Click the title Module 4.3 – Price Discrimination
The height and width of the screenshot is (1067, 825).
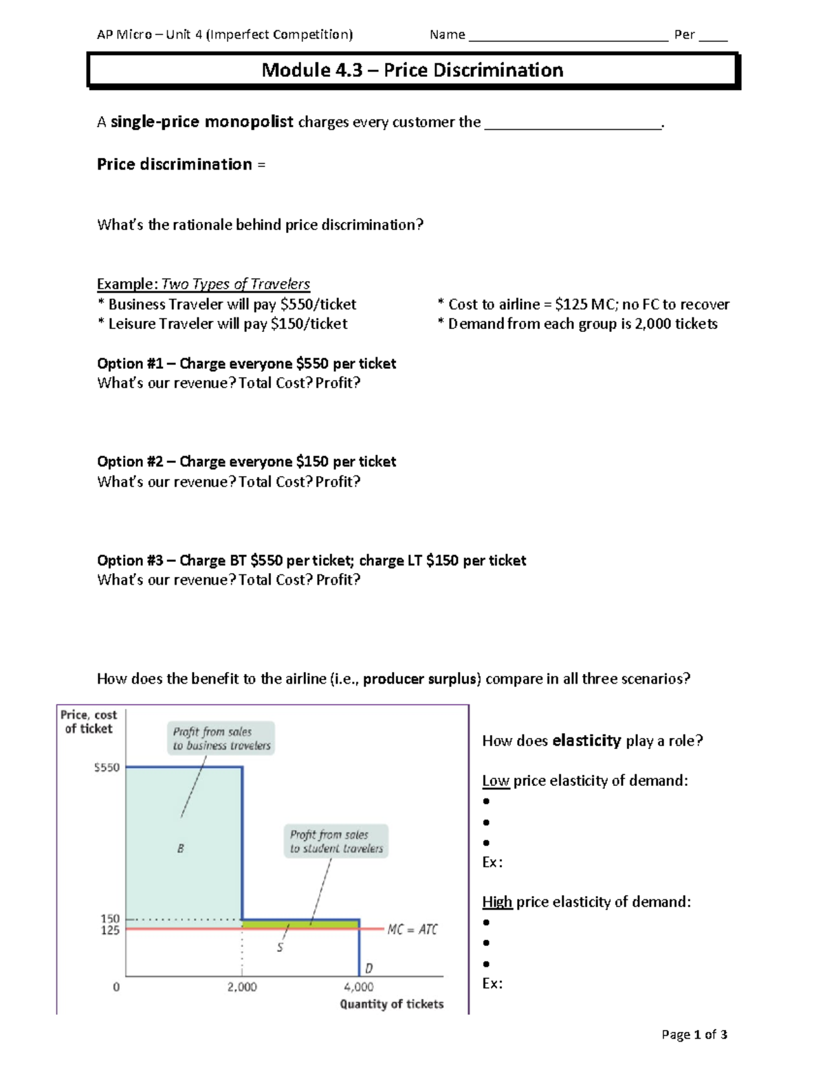point(412,70)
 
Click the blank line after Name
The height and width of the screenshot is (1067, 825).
point(568,36)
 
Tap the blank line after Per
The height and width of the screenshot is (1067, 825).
point(713,36)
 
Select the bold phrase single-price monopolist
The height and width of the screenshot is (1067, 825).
point(202,122)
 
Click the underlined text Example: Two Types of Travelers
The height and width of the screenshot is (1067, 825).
point(203,284)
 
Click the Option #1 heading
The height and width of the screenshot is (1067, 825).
point(246,363)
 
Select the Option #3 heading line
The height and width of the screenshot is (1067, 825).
point(311,561)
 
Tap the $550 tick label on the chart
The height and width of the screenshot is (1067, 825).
point(107,767)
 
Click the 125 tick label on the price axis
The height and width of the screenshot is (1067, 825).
point(110,930)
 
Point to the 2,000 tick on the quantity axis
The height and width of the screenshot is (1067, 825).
point(242,987)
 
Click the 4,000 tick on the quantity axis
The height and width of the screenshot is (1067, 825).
point(358,987)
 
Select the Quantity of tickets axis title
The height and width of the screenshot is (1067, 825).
point(391,1004)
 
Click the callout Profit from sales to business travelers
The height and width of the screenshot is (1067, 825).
point(221,739)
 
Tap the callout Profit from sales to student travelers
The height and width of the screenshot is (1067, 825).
point(336,842)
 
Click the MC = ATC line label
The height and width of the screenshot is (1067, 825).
point(412,930)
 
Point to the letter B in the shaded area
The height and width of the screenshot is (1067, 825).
point(180,849)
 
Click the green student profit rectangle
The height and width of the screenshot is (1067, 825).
point(300,924)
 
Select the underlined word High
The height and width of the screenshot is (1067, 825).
point(497,901)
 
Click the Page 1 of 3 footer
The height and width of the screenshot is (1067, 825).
point(694,1034)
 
